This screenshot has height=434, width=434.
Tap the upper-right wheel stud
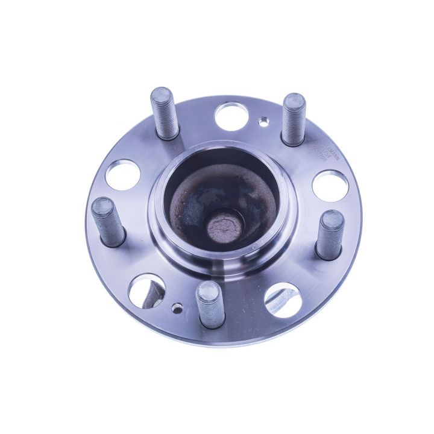click(x=294, y=119)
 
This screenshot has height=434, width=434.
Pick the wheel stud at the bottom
click(x=209, y=304)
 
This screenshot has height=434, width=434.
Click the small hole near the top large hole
click(x=262, y=122)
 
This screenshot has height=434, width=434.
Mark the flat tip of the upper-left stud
click(x=162, y=96)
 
